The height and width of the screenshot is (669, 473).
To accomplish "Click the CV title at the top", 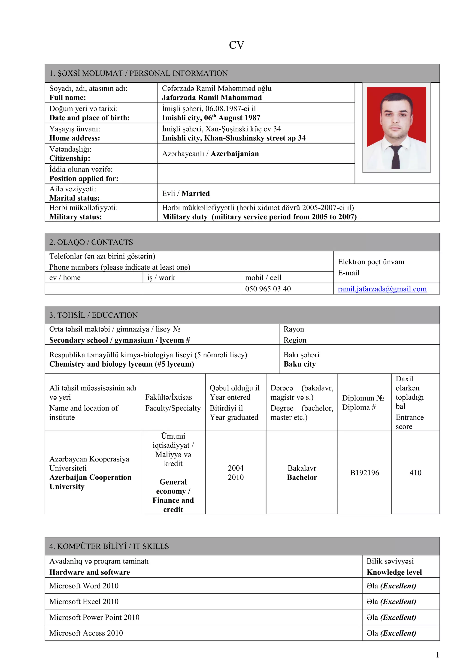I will [236, 45].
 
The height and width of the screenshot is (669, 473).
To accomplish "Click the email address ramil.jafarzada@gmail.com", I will [382, 289].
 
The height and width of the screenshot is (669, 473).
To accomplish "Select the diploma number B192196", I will [364, 473].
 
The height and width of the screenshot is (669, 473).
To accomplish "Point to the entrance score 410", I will [415, 473].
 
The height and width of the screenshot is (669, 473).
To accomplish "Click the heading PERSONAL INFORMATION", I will [178, 73].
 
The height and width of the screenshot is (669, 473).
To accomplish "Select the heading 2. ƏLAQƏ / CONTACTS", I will [91, 242].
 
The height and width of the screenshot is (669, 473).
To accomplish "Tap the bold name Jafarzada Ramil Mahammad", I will [212, 98].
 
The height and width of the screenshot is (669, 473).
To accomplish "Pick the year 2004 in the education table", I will [236, 468].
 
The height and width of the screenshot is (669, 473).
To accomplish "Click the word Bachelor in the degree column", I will [302, 477].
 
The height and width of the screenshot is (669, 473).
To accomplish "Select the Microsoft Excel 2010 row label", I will [84, 601].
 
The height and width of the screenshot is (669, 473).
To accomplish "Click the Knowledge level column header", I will [394, 572].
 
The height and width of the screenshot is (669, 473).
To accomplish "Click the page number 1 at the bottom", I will [437, 655].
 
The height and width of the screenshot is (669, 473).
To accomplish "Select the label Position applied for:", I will [84, 179].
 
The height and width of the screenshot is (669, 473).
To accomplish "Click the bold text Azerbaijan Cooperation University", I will [90, 482].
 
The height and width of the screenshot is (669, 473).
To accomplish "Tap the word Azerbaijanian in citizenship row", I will [235, 154].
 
